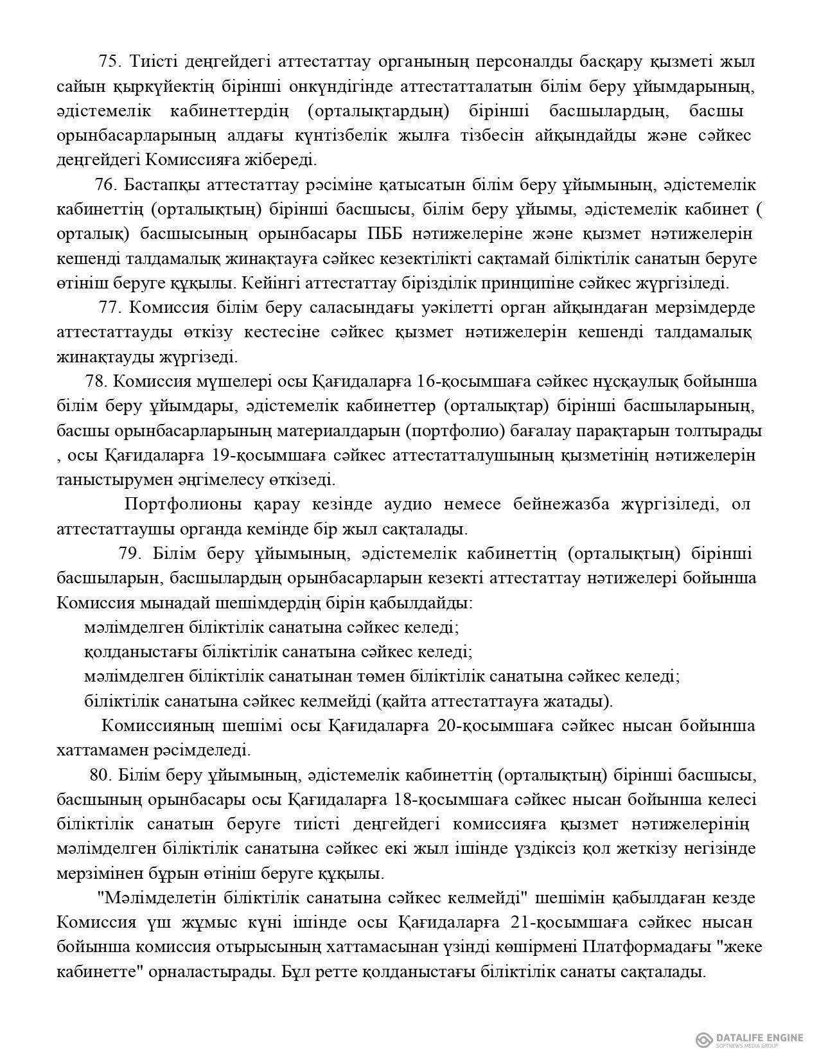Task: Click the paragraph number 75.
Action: pyautogui.click(x=110, y=62)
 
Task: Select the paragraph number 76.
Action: pyautogui.click(x=106, y=185)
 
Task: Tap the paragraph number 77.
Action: pyautogui.click(x=110, y=307)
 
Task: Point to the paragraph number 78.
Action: pyautogui.click(x=96, y=381)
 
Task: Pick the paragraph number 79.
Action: pyautogui.click(x=130, y=553)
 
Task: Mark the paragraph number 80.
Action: pyautogui.click(x=101, y=775)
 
